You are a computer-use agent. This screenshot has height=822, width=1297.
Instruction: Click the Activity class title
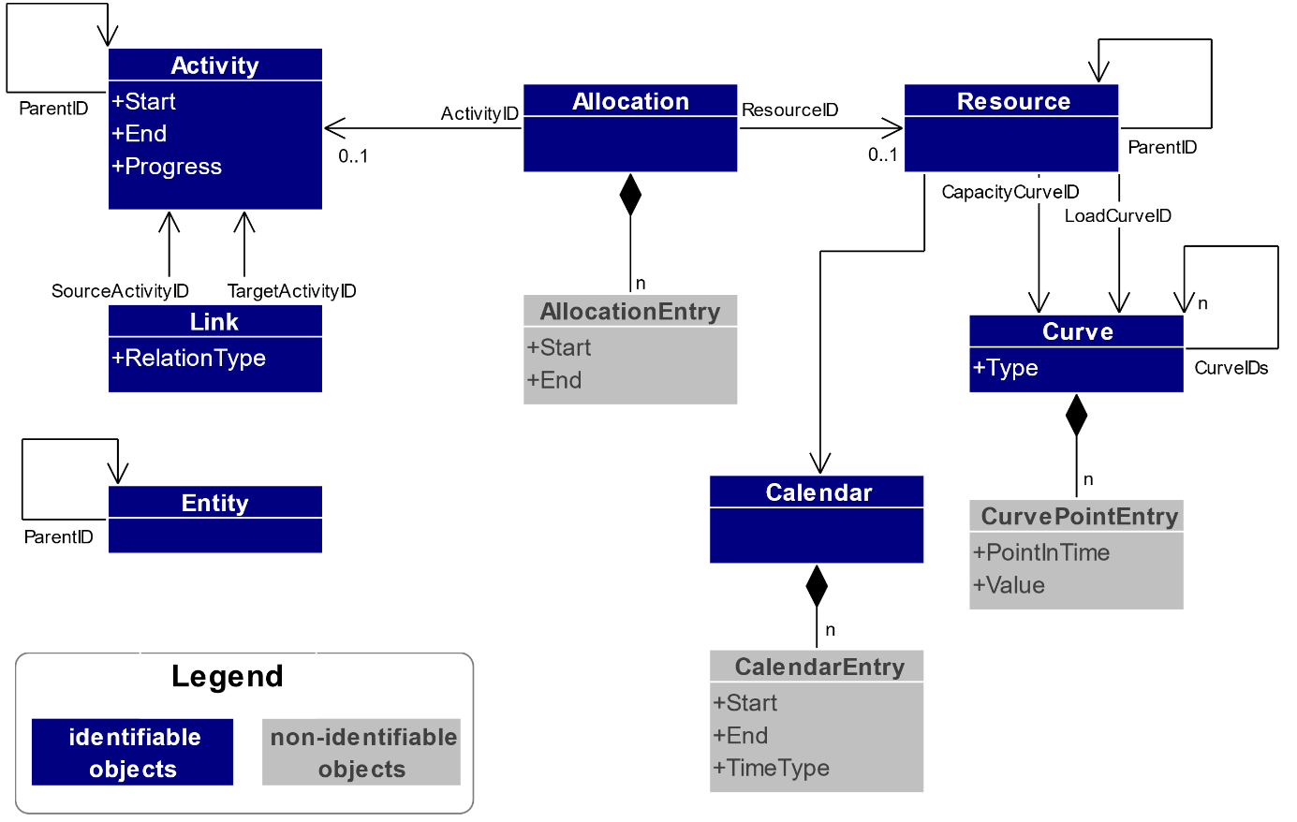214,66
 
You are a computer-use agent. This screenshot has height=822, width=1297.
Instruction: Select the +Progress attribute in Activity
167,167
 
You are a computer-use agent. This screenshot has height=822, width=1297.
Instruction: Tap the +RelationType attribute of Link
189,359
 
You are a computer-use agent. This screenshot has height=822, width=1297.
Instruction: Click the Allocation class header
630,101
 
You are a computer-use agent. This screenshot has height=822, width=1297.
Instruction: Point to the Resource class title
1012,101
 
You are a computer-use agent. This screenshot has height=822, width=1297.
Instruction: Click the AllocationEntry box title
630,312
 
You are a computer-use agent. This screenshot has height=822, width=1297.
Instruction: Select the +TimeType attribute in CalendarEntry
772,769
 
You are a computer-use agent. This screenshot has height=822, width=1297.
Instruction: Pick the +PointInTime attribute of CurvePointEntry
1041,553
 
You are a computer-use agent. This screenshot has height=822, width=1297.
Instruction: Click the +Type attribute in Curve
1006,368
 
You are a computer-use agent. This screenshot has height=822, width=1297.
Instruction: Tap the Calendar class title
818,492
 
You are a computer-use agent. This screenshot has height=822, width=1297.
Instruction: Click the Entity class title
214,503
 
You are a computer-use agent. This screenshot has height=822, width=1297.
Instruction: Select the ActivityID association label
479,113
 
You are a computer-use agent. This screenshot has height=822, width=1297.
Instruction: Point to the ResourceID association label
789,110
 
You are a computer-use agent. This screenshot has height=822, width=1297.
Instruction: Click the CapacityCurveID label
1010,192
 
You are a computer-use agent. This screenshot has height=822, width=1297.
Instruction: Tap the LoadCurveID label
1117,216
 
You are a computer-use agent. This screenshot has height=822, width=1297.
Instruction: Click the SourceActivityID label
120,291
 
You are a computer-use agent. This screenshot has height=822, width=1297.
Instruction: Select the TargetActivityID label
291,291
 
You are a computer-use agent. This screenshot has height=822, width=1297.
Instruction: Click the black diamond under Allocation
630,195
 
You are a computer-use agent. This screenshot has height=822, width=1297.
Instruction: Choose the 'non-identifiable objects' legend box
361,753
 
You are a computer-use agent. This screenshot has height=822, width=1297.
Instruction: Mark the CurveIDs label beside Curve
1231,368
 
